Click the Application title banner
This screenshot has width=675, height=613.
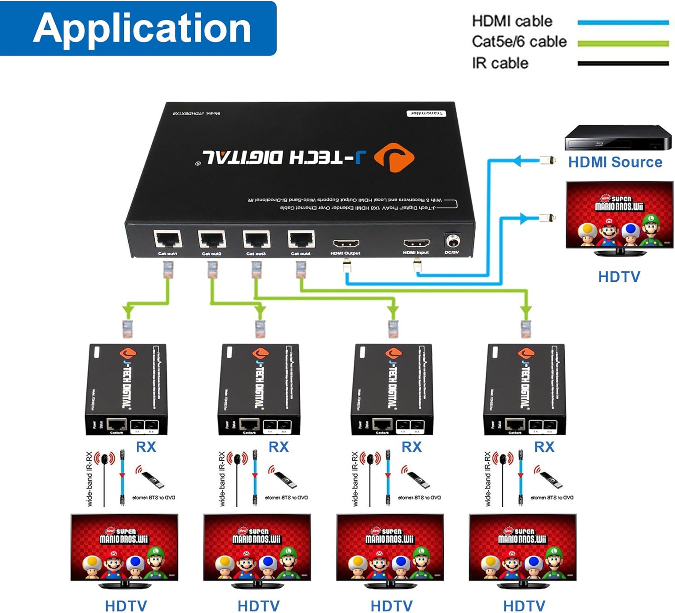coord(138,28)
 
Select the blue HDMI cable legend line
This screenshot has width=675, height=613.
coord(623,22)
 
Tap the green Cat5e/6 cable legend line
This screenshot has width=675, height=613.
coord(623,43)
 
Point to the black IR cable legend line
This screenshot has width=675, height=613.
coord(623,63)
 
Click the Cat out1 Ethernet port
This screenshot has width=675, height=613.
coord(168,239)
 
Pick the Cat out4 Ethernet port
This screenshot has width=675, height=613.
coord(301,239)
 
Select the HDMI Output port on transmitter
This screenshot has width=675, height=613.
coord(346,243)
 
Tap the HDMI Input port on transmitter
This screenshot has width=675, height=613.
coord(416,243)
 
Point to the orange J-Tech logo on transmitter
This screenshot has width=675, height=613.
coord(395,158)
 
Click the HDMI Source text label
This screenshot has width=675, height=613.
coord(615,162)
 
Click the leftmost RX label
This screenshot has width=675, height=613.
coord(146,447)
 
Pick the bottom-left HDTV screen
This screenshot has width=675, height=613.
coord(124,548)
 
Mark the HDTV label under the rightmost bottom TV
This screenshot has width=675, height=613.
coord(524,605)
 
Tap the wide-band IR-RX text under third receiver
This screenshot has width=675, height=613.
coord(355,479)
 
